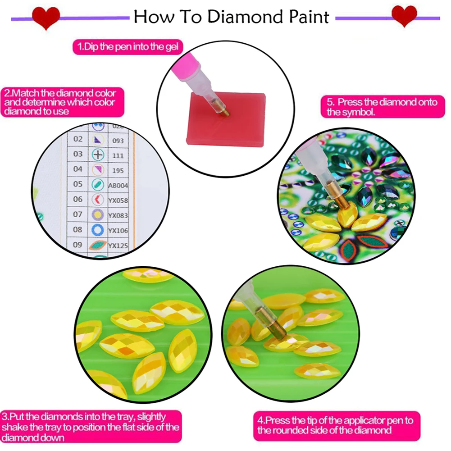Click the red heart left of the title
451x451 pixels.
(x=46, y=17)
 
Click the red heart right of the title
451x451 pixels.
(x=404, y=16)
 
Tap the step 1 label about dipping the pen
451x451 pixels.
(x=128, y=46)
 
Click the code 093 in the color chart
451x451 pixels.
(x=118, y=141)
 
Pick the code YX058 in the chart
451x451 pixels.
(x=118, y=200)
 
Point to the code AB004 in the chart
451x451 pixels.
(x=118, y=185)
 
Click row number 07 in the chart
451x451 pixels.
(x=77, y=214)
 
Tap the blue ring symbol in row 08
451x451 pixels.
(x=98, y=230)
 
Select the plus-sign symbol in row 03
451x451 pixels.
(x=98, y=155)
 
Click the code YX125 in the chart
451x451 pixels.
(x=118, y=245)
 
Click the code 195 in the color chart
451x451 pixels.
(x=118, y=170)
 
